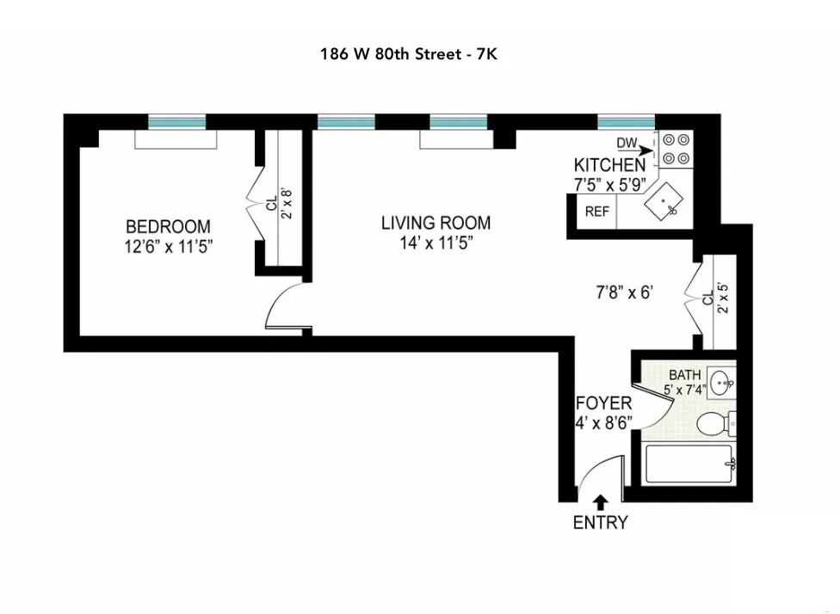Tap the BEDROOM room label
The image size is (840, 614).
pyautogui.click(x=168, y=227)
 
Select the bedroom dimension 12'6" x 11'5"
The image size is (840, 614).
pyautogui.click(x=168, y=245)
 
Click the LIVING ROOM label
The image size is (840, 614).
pyautogui.click(x=435, y=224)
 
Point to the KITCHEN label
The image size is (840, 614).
pyautogui.click(x=609, y=165)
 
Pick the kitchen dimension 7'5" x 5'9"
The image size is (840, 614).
pyautogui.click(x=609, y=182)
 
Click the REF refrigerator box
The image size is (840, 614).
pyautogui.click(x=596, y=212)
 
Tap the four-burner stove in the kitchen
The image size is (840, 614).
pyautogui.click(x=676, y=148)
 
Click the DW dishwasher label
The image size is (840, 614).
pyautogui.click(x=626, y=143)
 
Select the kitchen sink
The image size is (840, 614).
pyautogui.click(x=665, y=203)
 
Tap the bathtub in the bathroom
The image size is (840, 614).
pyautogui.click(x=689, y=465)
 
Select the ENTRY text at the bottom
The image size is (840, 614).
pyautogui.click(x=601, y=522)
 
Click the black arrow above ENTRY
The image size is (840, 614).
pyautogui.click(x=600, y=501)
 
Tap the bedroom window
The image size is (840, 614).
pyautogui.click(x=176, y=121)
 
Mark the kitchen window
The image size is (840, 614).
pyautogui.click(x=626, y=121)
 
